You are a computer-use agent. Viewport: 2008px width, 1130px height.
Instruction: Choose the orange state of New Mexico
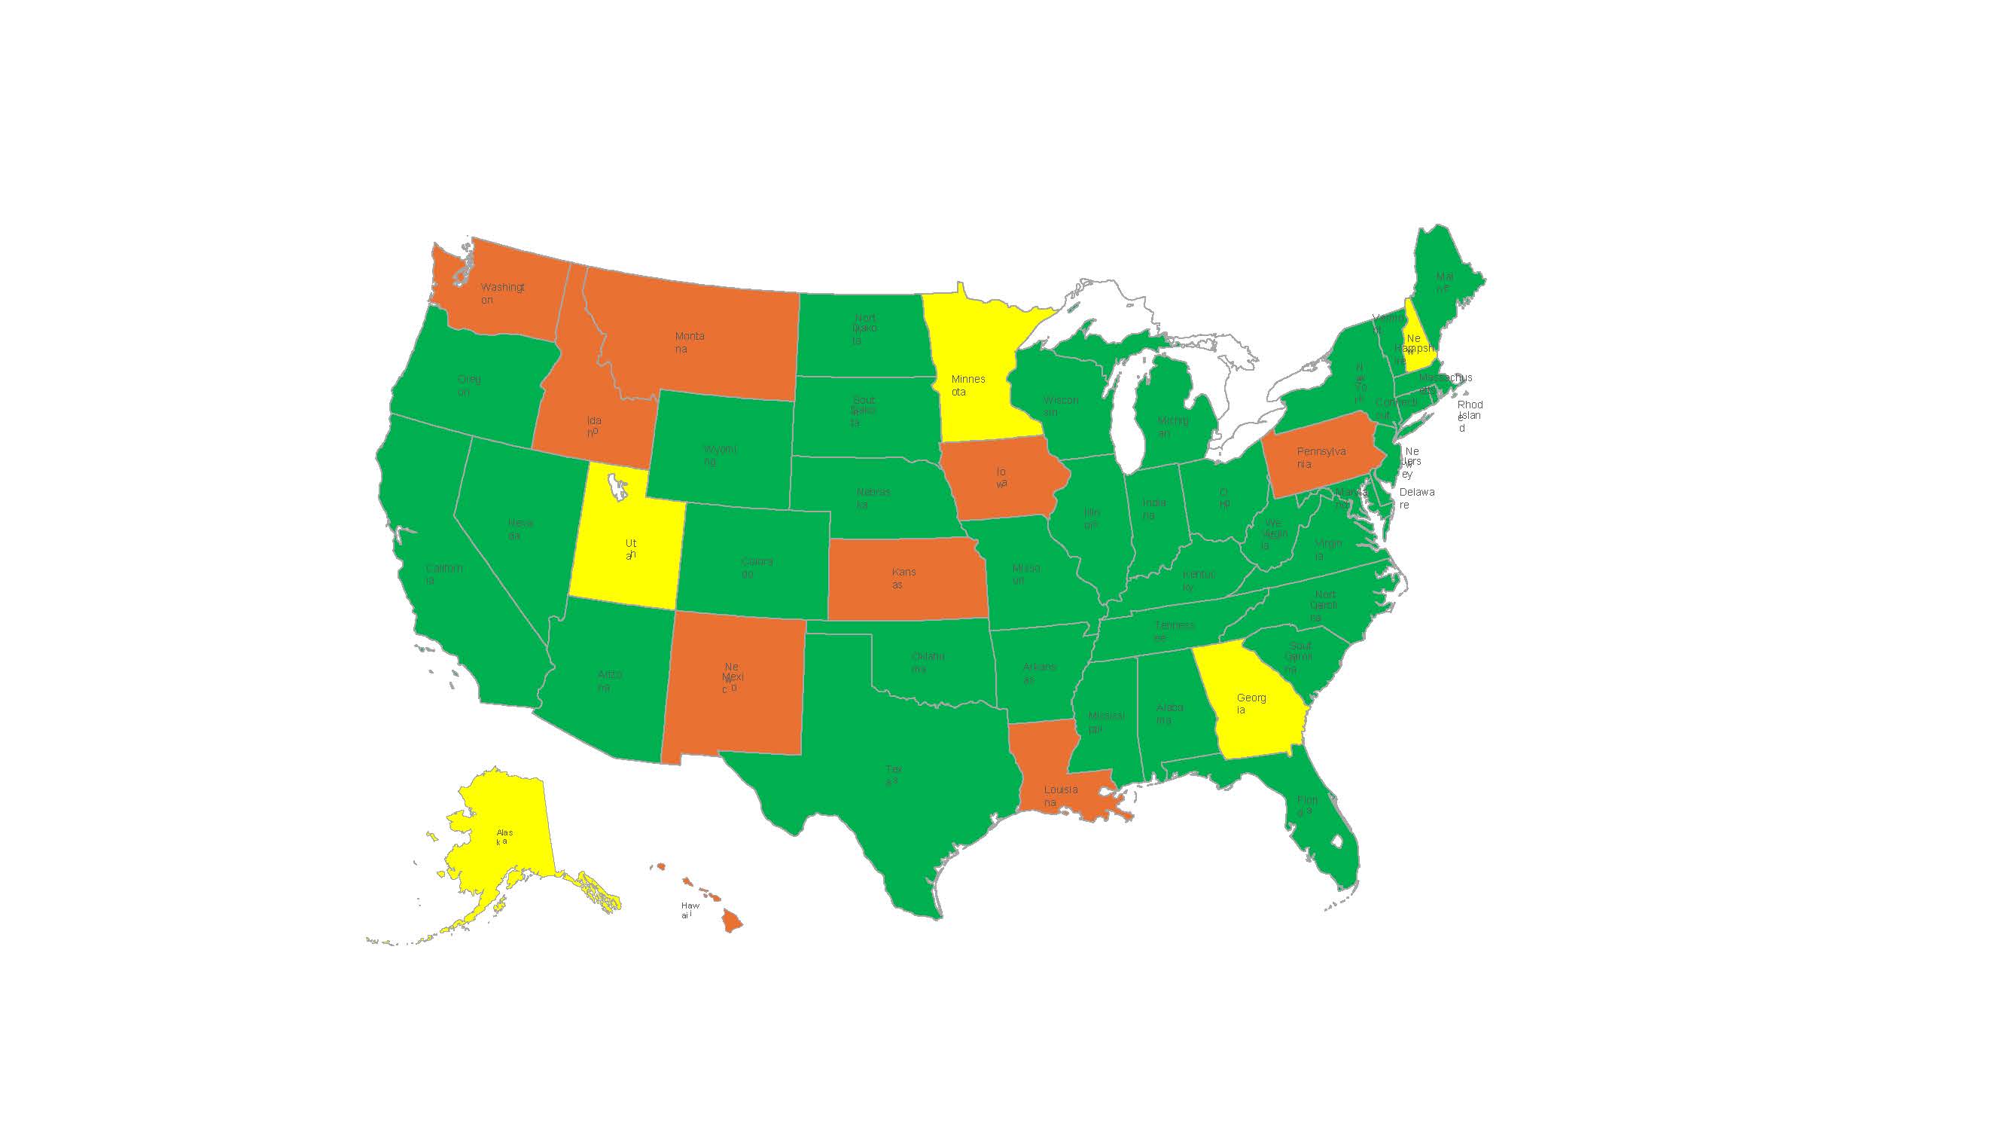(x=733, y=686)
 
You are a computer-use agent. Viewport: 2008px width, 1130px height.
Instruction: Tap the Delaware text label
(x=1415, y=498)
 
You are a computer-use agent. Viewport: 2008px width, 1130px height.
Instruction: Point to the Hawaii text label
(x=689, y=910)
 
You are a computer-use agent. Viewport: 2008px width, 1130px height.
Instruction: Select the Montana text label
(x=689, y=342)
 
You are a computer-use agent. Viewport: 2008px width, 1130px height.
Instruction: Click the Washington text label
(x=501, y=293)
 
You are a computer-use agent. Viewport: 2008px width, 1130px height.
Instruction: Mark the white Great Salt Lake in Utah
(x=619, y=487)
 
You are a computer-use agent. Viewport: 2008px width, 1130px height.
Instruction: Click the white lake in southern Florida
(x=1338, y=841)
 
